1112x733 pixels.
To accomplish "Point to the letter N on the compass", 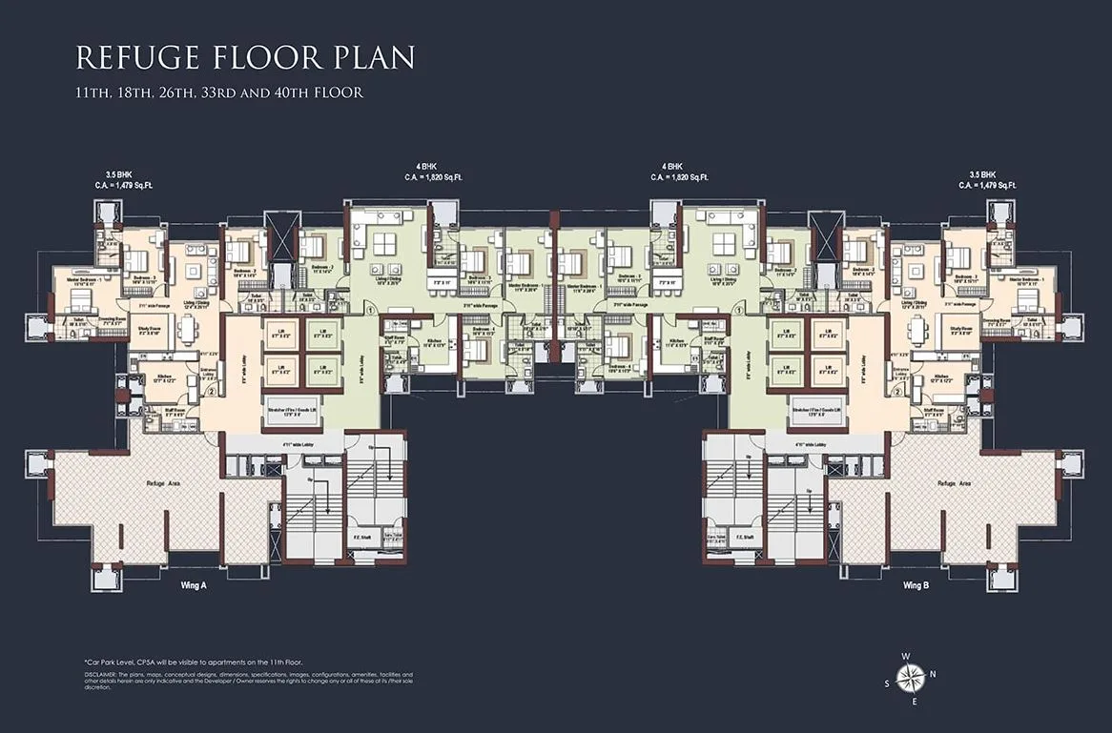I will [x=933, y=674].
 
